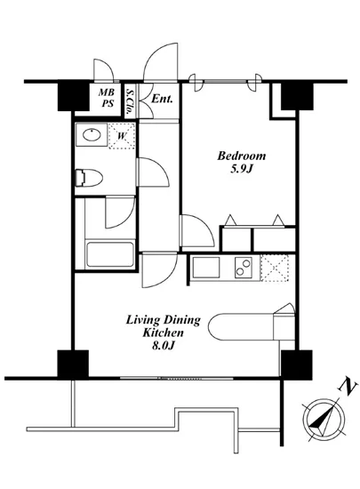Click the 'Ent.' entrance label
click(x=161, y=99)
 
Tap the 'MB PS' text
click(x=105, y=97)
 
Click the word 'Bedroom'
click(x=242, y=157)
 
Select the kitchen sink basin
click(x=205, y=267)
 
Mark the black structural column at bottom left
click(x=73, y=365)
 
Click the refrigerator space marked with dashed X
click(x=277, y=267)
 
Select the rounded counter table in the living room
click(x=244, y=326)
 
